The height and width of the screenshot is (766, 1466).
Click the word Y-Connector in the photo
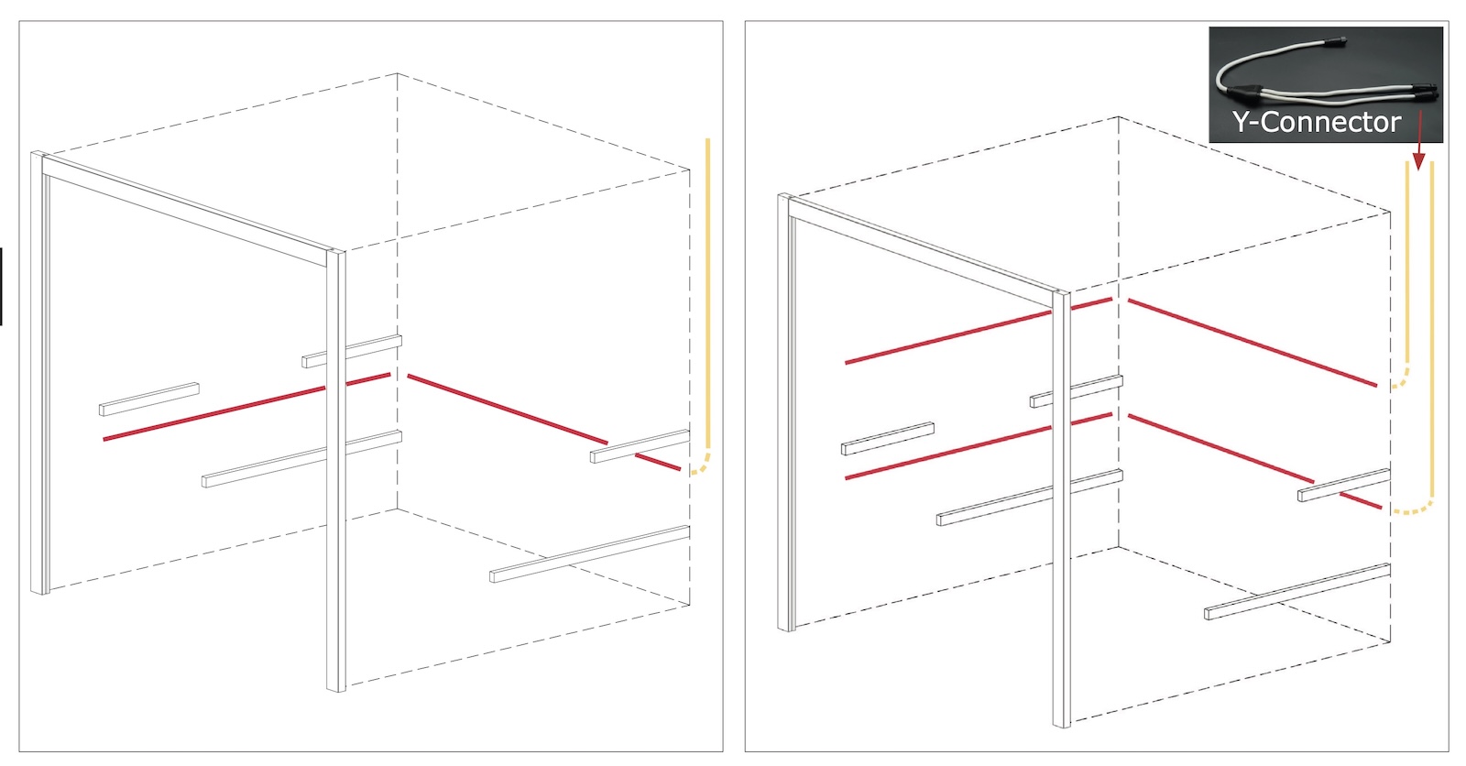coord(1316,123)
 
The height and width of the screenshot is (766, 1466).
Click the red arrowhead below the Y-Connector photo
coord(1418,160)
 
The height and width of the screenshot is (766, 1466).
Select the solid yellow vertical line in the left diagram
coord(707,294)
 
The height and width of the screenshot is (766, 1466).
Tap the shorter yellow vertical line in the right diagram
coord(1407,263)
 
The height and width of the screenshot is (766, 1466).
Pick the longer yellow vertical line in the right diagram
coord(1432,332)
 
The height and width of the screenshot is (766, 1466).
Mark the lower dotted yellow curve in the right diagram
coord(1413,507)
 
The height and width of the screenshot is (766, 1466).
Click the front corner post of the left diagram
coord(335,470)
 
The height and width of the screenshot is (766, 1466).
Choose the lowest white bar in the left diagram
coord(590,553)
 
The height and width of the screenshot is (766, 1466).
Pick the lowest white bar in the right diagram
coord(1297,591)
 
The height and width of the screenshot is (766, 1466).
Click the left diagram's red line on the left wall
coord(246,407)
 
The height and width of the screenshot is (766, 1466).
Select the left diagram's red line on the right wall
coord(544,422)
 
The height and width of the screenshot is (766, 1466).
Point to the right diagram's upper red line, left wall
coord(979,331)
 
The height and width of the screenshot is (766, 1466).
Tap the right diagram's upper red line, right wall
coord(1253,343)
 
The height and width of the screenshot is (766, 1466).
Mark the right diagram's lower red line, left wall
coord(979,446)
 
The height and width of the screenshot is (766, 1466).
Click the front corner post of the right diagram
coord(1062,509)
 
